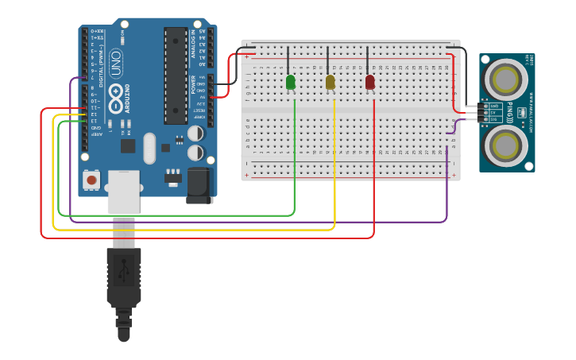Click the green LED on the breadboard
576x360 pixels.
(x=290, y=82)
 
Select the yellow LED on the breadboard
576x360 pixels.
(x=331, y=82)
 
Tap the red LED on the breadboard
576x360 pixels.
(x=369, y=82)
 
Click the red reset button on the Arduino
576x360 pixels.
(x=92, y=180)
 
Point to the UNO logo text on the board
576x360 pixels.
(x=114, y=70)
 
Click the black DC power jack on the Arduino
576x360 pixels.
(x=199, y=184)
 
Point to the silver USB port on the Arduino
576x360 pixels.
(x=123, y=191)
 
